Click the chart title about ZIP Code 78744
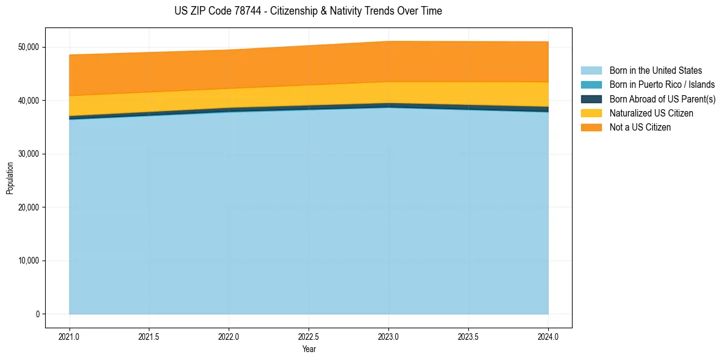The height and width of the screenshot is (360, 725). coord(308,11)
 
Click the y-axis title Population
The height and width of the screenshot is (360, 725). coord(10,178)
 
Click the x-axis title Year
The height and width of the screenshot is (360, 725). coord(309,349)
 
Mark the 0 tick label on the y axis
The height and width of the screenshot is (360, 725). coord(37,314)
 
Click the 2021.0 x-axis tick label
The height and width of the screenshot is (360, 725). coord(70,336)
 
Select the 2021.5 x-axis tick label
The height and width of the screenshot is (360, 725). coord(149,336)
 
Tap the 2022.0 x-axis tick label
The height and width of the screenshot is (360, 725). coord(229,336)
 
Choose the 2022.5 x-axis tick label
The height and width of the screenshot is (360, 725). coord(309,336)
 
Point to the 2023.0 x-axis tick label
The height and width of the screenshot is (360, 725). coord(388,336)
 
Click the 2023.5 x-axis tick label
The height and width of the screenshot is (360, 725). coord(468,336)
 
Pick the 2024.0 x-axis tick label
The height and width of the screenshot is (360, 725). coord(548,336)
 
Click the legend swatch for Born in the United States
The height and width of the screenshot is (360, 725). coord(591,71)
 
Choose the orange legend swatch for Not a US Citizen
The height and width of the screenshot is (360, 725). coord(591,128)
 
